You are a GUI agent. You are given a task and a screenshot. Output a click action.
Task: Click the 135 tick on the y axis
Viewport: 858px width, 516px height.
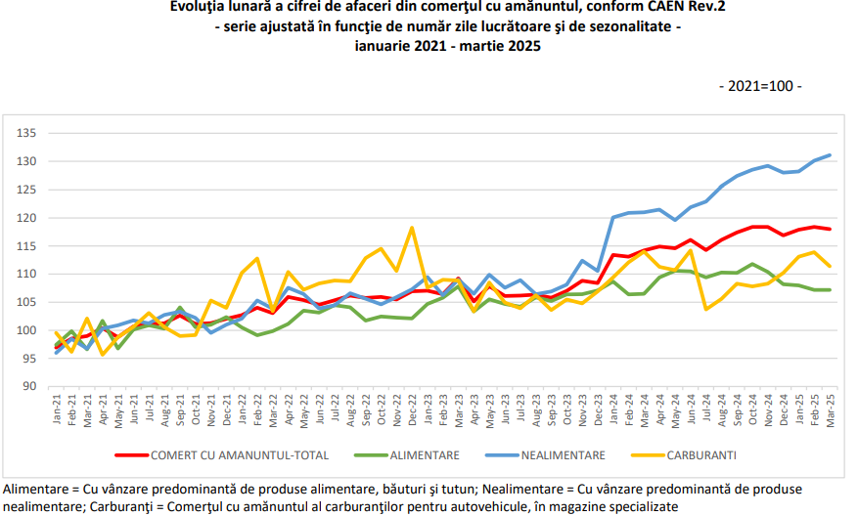(x=26, y=133)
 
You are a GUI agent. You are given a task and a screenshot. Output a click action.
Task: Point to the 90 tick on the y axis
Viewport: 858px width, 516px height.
(x=29, y=386)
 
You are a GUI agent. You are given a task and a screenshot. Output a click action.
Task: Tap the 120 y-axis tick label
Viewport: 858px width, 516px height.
(x=26, y=218)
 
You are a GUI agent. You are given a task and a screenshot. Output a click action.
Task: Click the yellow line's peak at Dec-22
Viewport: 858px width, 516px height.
(x=412, y=228)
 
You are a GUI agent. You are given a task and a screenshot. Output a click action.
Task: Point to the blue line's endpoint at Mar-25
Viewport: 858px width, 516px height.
(x=830, y=155)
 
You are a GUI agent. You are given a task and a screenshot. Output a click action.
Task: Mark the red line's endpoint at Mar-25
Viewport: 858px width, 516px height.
(x=830, y=229)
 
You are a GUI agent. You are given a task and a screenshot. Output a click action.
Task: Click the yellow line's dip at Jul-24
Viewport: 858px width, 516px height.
(x=706, y=310)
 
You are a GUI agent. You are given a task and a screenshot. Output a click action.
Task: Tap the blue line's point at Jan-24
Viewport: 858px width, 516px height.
(x=613, y=217)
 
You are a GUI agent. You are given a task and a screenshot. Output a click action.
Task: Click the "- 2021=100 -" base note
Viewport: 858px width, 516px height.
(x=760, y=86)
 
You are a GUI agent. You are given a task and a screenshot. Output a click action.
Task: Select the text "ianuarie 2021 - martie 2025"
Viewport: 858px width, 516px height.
(x=448, y=46)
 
